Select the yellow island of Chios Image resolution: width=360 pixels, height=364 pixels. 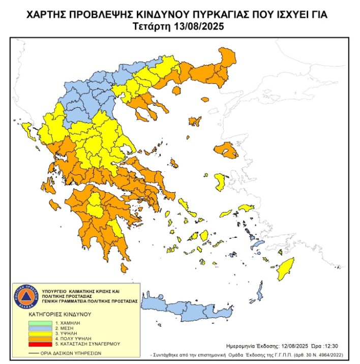coord(221,182)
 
